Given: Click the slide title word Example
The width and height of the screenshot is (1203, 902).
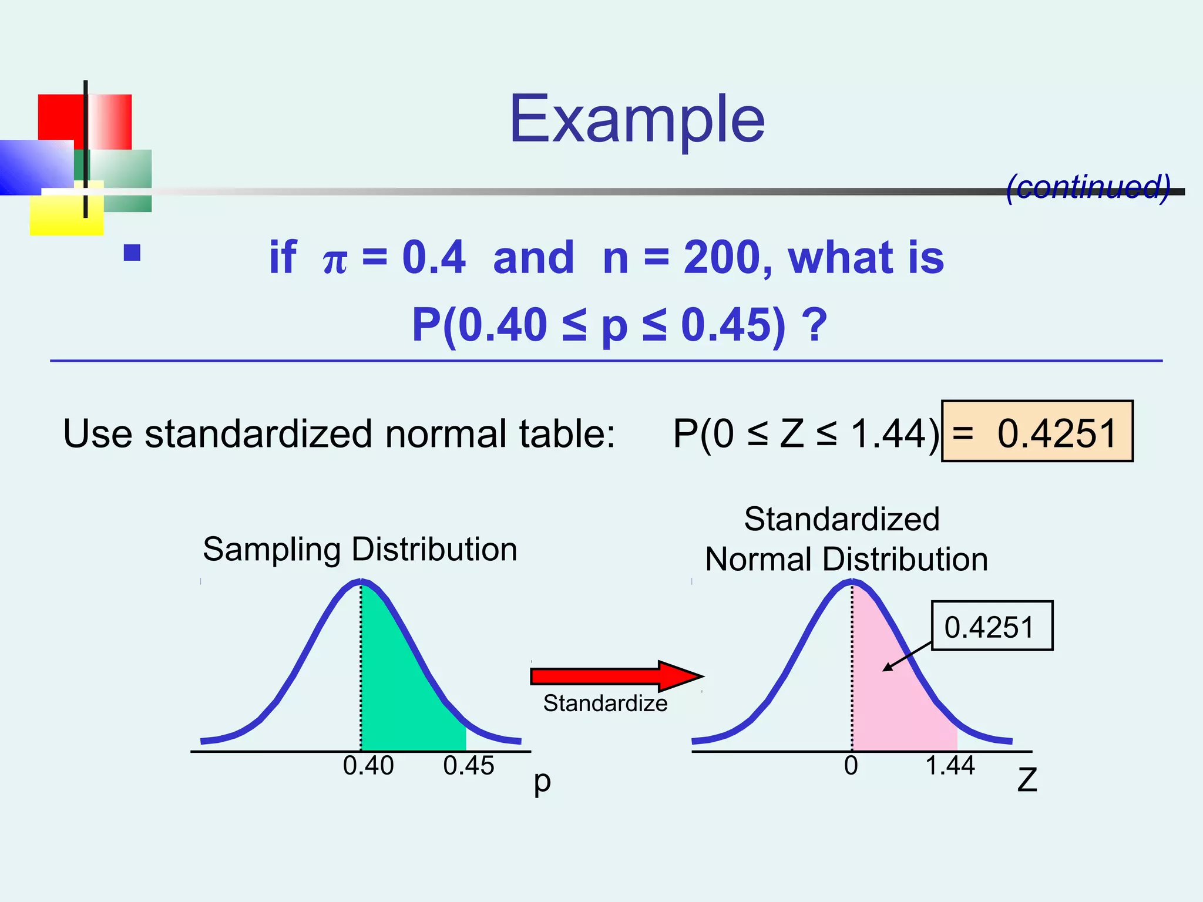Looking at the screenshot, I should point(637,120).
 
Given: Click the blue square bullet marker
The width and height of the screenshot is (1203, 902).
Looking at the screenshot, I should point(132,253).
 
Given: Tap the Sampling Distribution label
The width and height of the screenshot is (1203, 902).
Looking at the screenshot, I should point(359,550).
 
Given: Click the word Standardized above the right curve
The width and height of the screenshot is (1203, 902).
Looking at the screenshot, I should point(842,519).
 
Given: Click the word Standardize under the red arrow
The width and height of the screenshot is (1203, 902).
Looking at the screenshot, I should point(605,703).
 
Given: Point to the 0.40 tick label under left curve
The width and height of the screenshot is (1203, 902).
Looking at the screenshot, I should point(368,766).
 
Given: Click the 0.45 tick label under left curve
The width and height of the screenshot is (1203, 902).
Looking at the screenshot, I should point(469,766).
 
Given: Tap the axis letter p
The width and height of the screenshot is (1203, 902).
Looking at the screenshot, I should point(542,782).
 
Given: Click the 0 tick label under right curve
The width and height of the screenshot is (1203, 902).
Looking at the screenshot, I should point(851,766).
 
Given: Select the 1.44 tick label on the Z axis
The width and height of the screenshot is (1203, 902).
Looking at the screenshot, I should point(950,766).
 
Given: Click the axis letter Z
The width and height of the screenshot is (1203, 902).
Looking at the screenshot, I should point(1027,781).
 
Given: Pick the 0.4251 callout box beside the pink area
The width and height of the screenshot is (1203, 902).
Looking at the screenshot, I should point(992,626).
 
